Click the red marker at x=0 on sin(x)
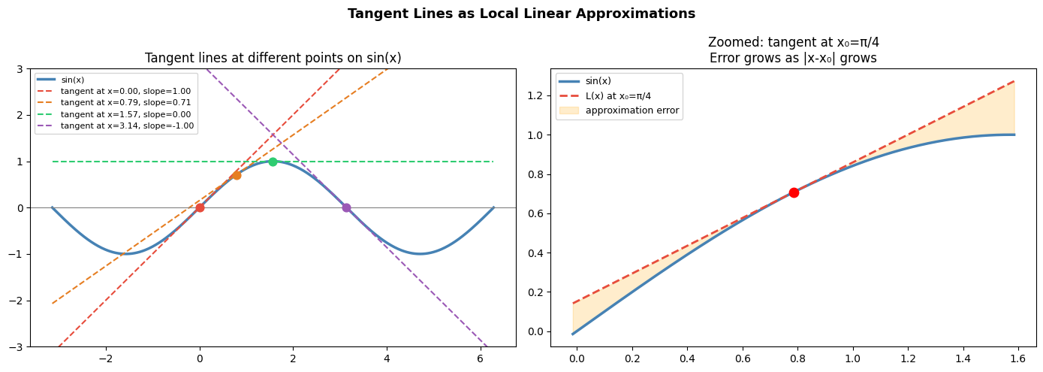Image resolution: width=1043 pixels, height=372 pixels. pyautogui.click(x=200, y=207)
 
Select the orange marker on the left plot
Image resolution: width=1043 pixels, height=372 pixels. pyautogui.click(x=237, y=175)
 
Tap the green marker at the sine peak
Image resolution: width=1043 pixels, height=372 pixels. pyautogui.click(x=273, y=162)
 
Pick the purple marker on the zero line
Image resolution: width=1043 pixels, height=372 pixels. pyautogui.click(x=346, y=207)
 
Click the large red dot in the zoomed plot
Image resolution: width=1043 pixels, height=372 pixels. pyautogui.click(x=794, y=192)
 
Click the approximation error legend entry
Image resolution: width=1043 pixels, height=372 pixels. pyautogui.click(x=632, y=110)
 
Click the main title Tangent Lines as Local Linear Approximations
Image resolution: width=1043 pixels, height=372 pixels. pyautogui.click(x=521, y=14)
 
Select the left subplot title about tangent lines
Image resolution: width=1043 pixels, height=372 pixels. pyautogui.click(x=273, y=58)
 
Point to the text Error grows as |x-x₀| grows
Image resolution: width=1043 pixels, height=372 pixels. pyautogui.click(x=793, y=58)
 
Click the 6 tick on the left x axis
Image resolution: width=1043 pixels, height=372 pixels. pyautogui.click(x=480, y=358)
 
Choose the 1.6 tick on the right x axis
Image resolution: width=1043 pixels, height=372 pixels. pyautogui.click(x=1017, y=358)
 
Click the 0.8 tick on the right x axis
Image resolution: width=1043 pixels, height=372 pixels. pyautogui.click(x=797, y=358)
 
